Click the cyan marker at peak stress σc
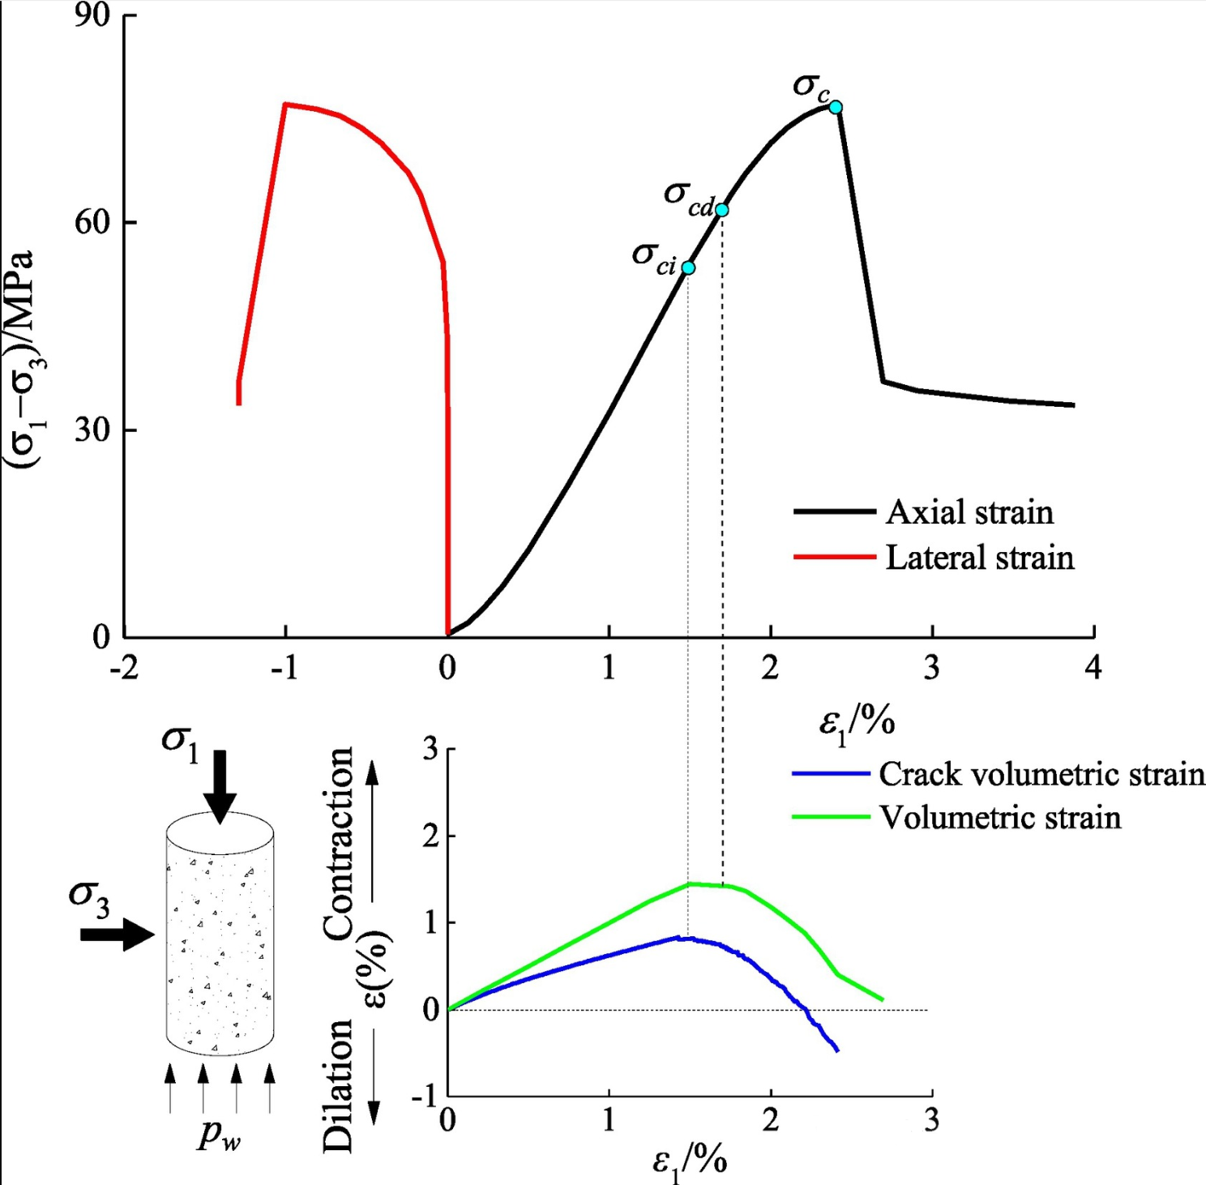[x=836, y=107]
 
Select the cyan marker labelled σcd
[x=721, y=210]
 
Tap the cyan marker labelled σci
[x=688, y=267]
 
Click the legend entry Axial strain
[x=969, y=512]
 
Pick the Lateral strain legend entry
[x=979, y=558]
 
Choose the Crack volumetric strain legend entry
[x=1041, y=774]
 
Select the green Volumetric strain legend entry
[x=1000, y=817]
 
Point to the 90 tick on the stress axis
[x=92, y=15]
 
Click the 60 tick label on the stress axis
[x=92, y=222]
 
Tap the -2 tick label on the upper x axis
[x=123, y=668]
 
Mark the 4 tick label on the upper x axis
[x=1093, y=668]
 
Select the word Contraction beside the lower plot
[x=339, y=843]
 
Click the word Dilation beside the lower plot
[x=339, y=1086]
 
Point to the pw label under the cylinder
[x=220, y=1135]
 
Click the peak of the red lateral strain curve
[x=285, y=104]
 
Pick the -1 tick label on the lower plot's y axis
[x=424, y=1097]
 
